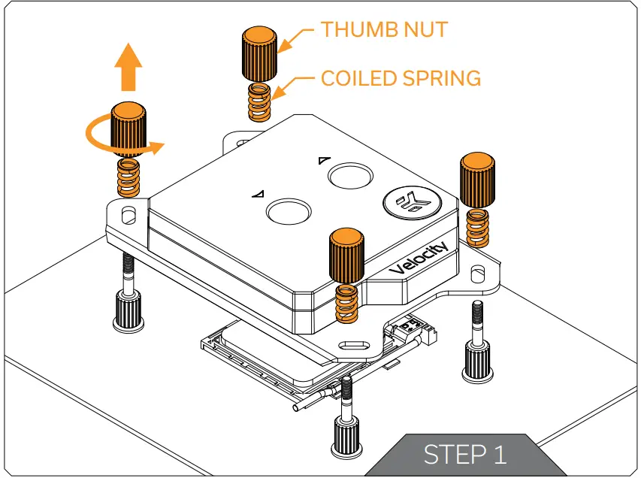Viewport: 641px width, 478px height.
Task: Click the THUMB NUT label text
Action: [x=384, y=29]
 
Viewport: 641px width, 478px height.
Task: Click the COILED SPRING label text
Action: [x=401, y=77]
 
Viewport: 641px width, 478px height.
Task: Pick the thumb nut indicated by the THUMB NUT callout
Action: [x=259, y=54]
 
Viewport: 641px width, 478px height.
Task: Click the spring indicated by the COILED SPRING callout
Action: [x=259, y=102]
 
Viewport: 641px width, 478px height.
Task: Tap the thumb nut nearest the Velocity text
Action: [x=346, y=256]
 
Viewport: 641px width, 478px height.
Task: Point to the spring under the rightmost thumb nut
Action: [x=476, y=225]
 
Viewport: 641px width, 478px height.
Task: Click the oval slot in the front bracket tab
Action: [x=355, y=346]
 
